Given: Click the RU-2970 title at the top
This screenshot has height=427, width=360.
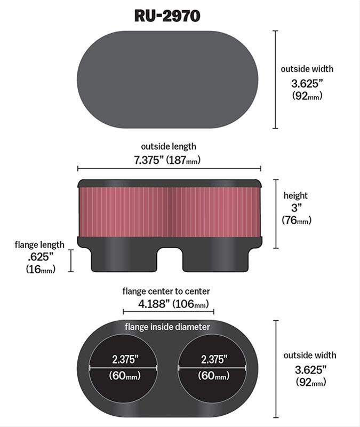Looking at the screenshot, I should click(167, 15).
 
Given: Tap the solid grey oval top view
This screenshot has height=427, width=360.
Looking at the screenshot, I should click(167, 79).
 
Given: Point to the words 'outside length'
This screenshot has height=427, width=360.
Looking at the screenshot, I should click(168, 146).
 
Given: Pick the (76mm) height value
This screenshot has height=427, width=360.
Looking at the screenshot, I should click(296, 220).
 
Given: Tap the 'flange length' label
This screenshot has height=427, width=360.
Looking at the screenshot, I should click(39, 245).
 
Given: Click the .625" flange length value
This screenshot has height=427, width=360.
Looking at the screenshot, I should click(40, 257).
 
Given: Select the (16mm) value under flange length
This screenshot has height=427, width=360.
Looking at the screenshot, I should click(40, 270).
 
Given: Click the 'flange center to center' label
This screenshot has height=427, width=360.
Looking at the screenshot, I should click(166, 291).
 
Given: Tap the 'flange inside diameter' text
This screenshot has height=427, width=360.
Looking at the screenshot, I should click(167, 327).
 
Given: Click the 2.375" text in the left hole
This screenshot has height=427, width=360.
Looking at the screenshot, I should click(124, 358).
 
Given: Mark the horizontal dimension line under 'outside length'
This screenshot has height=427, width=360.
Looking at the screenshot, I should click(170, 169).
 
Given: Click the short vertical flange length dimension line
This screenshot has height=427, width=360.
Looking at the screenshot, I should click(71, 260).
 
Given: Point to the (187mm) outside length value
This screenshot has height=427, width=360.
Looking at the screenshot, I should click(183, 160).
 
